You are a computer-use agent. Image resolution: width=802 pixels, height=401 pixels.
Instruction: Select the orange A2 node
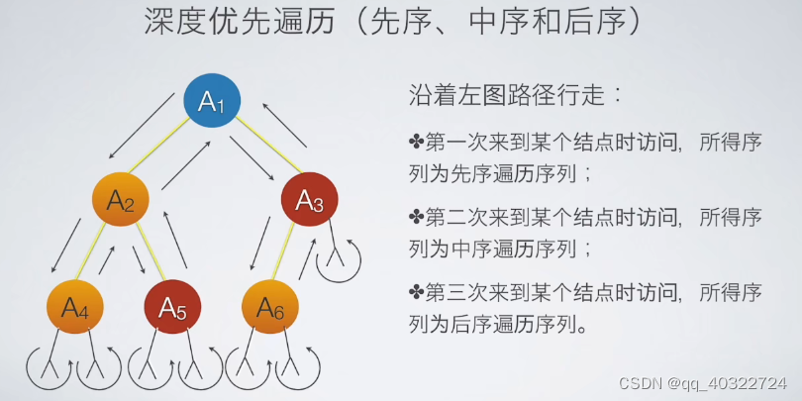pyautogui.click(x=121, y=201)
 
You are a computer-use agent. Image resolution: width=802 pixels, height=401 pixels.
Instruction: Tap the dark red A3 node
pyautogui.click(x=310, y=201)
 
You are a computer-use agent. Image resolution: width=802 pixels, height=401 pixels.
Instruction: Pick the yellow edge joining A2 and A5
pyautogui.click(x=149, y=255)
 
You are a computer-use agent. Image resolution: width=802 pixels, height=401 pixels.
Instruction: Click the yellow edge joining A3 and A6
pyautogui.click(x=288, y=255)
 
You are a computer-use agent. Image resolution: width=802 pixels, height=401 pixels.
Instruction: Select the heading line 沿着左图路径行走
pyautogui.click(x=515, y=96)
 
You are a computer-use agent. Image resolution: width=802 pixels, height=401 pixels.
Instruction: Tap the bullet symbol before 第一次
pyautogui.click(x=416, y=141)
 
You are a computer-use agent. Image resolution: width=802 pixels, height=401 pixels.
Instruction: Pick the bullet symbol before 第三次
pyautogui.click(x=416, y=292)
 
